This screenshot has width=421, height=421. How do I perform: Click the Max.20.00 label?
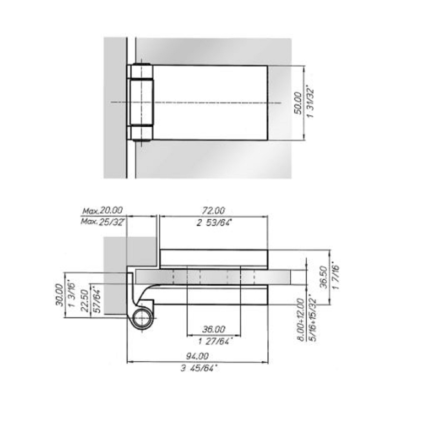(x=102, y=210)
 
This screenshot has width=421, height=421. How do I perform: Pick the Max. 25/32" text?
(x=103, y=222)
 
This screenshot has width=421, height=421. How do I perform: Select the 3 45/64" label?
(x=199, y=369)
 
